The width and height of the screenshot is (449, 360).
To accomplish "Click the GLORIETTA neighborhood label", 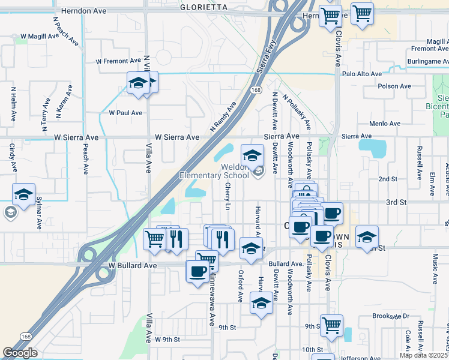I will pyautogui.click(x=203, y=7).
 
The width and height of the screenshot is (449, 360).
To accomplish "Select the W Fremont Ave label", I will pyautogui.click(x=120, y=61).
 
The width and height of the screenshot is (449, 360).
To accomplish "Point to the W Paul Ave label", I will pyautogui.click(x=125, y=113).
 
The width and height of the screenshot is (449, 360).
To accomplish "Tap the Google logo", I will pyautogui.click(x=20, y=353).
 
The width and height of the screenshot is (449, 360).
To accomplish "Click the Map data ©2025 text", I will pyautogui.click(x=423, y=355).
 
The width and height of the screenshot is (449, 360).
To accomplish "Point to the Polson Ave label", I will pyautogui.click(x=394, y=86).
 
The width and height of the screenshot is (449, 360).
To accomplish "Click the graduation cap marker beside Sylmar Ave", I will pyautogui.click(x=23, y=194).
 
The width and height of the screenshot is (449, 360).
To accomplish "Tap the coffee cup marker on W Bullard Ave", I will pyautogui.click(x=197, y=272).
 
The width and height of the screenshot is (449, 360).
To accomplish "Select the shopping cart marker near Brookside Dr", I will pyautogui.click(x=331, y=325).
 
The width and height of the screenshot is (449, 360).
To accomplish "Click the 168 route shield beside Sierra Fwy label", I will pyautogui.click(x=256, y=89).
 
